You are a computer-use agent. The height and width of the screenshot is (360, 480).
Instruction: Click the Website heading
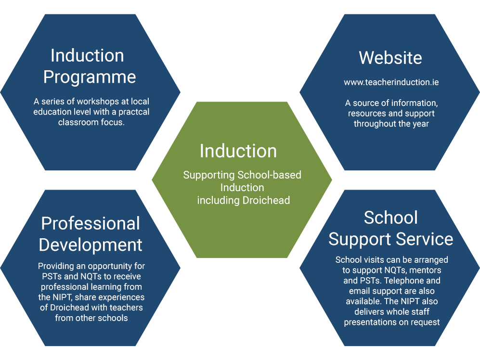click(x=390, y=58)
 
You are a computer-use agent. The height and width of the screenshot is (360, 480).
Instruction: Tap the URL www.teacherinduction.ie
click(x=391, y=82)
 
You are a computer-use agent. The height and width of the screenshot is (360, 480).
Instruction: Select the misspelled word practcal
click(x=134, y=112)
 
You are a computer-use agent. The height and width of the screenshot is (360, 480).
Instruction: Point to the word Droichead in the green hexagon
click(x=266, y=200)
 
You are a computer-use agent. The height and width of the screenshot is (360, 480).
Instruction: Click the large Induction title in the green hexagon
click(x=238, y=151)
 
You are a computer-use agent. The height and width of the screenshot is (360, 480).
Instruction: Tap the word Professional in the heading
click(x=91, y=223)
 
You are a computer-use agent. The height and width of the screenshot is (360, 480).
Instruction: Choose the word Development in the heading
click(x=91, y=245)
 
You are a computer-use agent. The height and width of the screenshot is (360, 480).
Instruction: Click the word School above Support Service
click(x=390, y=218)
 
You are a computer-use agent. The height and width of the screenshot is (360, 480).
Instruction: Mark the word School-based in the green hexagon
click(x=270, y=175)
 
